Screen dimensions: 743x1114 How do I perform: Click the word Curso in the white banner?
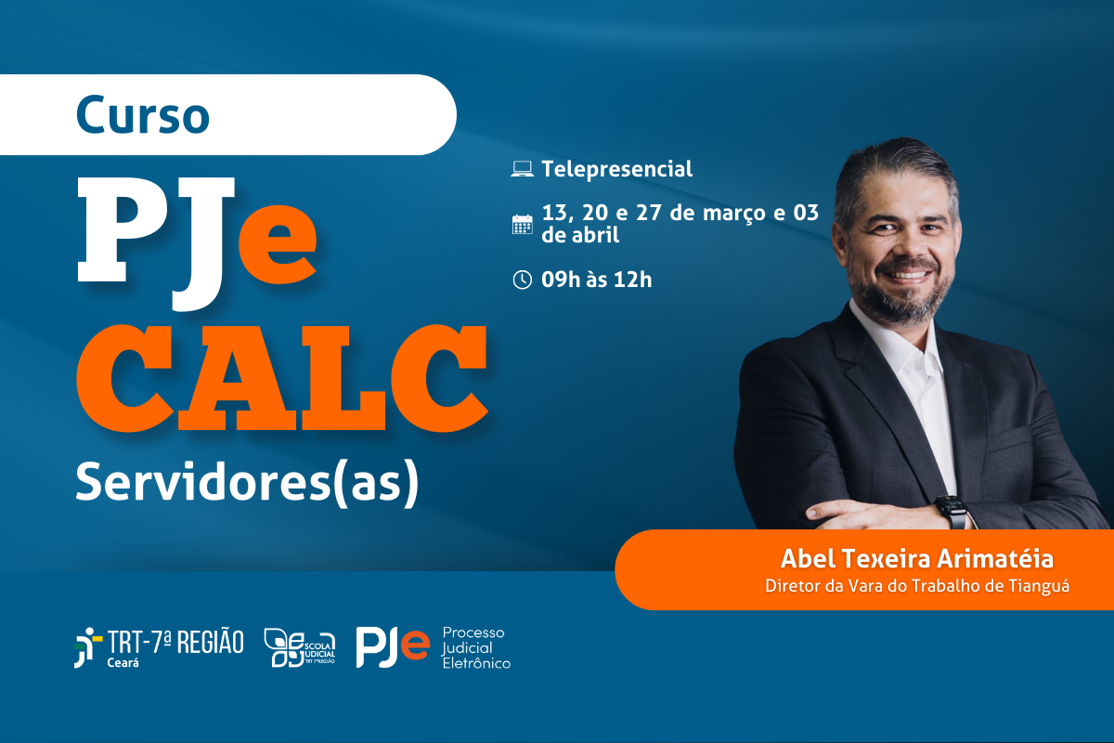coord(143,115)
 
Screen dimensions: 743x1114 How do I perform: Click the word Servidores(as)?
coord(247,484)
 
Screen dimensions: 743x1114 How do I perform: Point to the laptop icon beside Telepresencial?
coord(522,169)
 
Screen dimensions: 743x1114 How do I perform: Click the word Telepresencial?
coord(617,169)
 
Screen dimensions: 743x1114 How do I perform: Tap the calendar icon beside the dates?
coord(522,224)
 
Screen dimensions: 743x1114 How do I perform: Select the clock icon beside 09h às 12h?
coord(522,279)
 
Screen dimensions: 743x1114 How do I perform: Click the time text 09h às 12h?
coord(596,279)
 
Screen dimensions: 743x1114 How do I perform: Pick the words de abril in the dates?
coord(580,235)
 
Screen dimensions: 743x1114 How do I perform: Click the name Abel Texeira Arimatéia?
coord(918,559)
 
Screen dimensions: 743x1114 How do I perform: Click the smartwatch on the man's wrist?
coord(951,511)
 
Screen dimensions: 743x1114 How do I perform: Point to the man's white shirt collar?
coord(877,330)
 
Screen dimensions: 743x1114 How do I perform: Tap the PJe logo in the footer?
coord(393,646)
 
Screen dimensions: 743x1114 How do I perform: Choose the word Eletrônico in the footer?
coord(476,662)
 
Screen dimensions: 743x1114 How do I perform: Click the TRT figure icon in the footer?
coord(87,646)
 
